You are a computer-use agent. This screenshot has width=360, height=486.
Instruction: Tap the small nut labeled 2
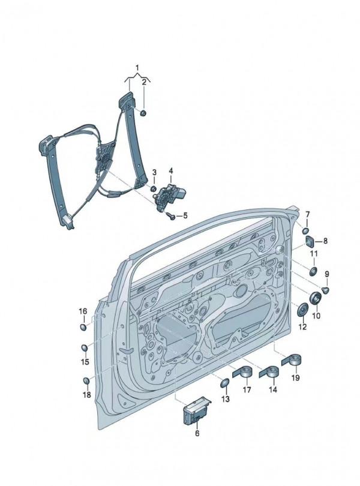pos(145,112)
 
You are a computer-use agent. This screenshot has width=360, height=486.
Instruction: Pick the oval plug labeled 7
pos(305,230)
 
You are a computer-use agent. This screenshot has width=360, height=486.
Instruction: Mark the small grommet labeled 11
pos(313,271)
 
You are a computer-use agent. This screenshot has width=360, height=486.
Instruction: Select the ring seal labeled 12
pos(303,310)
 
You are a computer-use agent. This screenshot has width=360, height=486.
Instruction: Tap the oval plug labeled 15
pos(85,349)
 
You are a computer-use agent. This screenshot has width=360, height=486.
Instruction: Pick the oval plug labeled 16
pos(84,327)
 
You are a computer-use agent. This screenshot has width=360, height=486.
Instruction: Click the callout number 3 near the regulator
pos(154,173)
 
